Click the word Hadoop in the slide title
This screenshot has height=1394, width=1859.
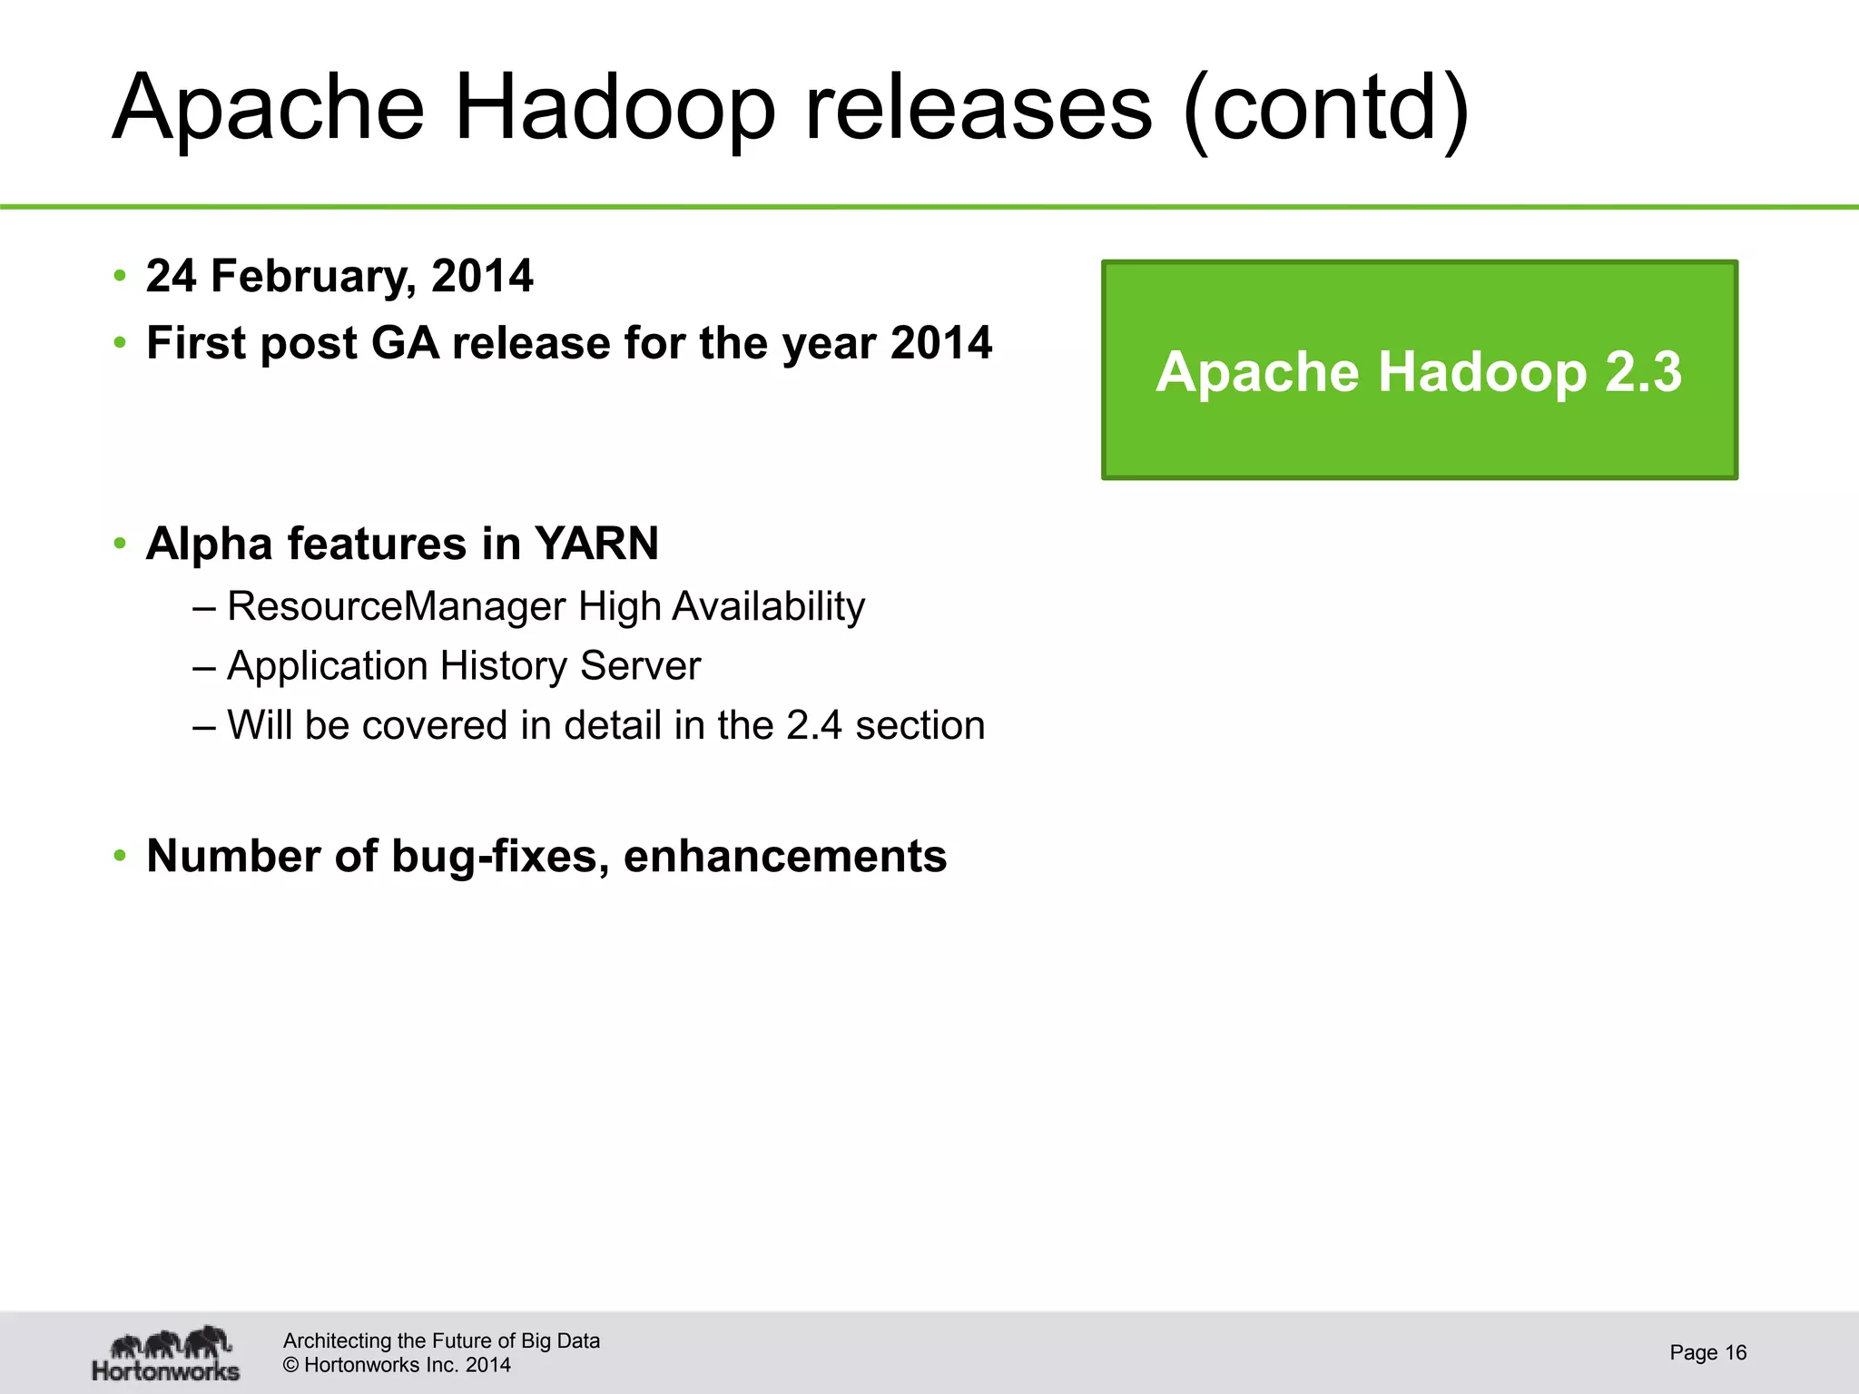coord(615,109)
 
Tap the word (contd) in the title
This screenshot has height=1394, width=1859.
coord(1326,109)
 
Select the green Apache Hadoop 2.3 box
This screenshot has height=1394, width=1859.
coord(1419,369)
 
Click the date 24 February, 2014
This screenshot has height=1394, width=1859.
coord(339,276)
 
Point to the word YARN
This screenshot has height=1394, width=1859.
coord(596,545)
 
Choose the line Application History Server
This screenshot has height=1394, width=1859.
coord(463,666)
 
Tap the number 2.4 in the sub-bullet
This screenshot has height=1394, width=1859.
coord(814,725)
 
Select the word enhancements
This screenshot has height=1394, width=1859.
coord(785,856)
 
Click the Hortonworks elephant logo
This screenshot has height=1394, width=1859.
coord(166,1353)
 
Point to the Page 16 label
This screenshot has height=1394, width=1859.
coord(1707,1352)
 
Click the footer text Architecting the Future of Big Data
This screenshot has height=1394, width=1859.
coord(441,1340)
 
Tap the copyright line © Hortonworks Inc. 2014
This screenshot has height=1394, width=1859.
coord(397,1365)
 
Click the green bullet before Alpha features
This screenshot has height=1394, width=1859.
coord(120,545)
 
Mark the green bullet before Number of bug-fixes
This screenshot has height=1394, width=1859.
coord(120,857)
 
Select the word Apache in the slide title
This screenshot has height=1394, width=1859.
coord(269,109)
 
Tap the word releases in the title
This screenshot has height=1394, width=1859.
coord(979,109)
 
